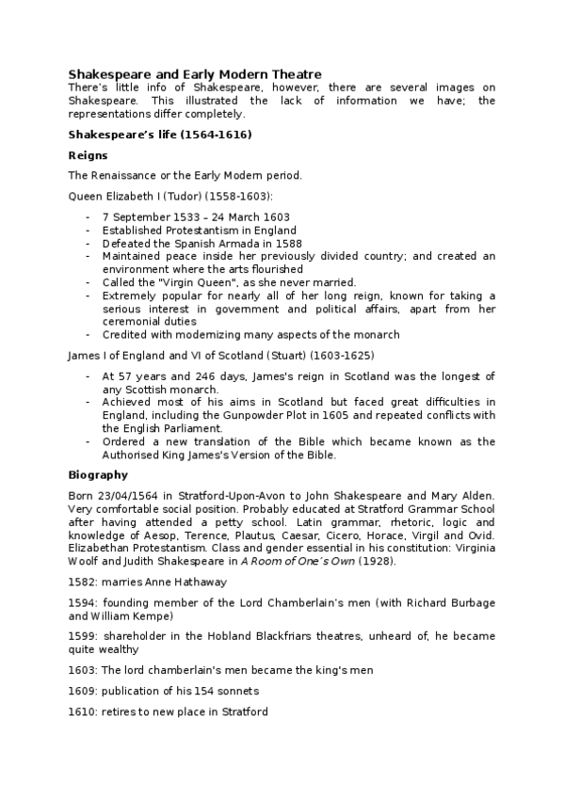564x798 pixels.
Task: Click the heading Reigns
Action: coord(88,154)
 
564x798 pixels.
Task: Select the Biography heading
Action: coord(98,474)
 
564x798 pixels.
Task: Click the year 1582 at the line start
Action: coord(82,582)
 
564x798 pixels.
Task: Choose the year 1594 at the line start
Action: coord(82,602)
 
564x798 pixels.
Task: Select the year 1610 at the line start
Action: coord(82,711)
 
